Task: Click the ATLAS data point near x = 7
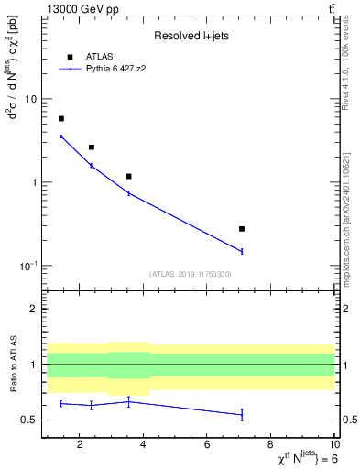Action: pyautogui.click(x=242, y=229)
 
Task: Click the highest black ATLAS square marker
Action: pyautogui.click(x=61, y=119)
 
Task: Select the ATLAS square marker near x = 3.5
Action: pyautogui.click(x=129, y=176)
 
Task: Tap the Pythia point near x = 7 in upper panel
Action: pyautogui.click(x=242, y=251)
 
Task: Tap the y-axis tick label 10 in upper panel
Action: pyautogui.click(x=31, y=99)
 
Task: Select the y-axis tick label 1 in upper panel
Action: pyautogui.click(x=34, y=182)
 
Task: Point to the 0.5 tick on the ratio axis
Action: pyautogui.click(x=28, y=420)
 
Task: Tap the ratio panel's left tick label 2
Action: pyautogui.click(x=34, y=310)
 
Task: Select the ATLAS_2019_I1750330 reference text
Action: pyautogui.click(x=190, y=274)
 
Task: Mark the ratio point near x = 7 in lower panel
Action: pyautogui.click(x=242, y=415)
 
